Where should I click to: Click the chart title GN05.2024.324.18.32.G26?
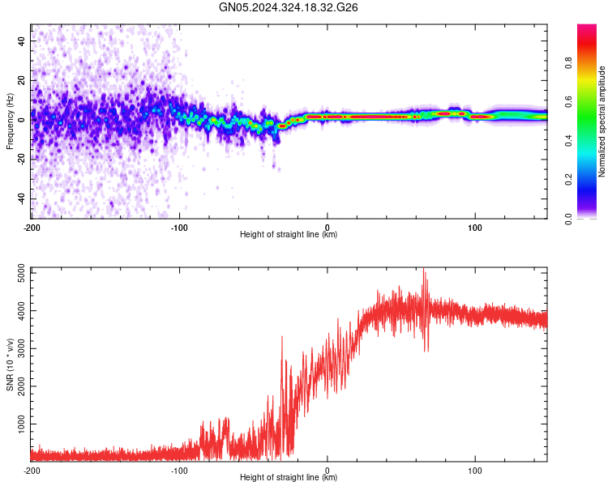(288, 7)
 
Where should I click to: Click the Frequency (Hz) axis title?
(10, 122)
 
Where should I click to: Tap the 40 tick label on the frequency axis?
(21, 40)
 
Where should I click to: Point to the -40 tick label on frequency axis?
(21, 198)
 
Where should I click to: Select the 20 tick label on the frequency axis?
(21, 80)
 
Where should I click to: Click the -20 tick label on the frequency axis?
(21, 160)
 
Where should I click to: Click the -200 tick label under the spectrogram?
(32, 228)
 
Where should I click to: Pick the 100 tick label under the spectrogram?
(474, 228)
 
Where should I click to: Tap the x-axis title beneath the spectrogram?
(289, 234)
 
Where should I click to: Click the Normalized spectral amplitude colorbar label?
(602, 122)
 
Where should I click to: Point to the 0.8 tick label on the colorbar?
(568, 62)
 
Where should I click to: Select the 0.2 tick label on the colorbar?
(568, 180)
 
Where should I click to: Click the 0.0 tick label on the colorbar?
(568, 219)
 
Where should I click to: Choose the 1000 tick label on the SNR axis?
(21, 424)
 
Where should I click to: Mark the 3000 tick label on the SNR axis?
(21, 349)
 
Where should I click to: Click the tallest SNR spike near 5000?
(423, 269)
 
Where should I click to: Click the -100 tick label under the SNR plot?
(179, 471)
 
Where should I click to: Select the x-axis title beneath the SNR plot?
(289, 477)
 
